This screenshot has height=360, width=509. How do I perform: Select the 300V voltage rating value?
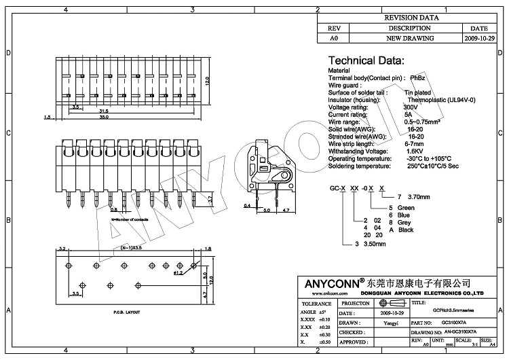click(x=411, y=107)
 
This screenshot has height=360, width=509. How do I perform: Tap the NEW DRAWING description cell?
click(x=409, y=39)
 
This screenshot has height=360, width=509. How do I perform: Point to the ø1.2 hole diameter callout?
click(x=177, y=273)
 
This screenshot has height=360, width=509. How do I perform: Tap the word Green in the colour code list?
click(x=406, y=207)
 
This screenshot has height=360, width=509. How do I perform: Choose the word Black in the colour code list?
click(x=406, y=230)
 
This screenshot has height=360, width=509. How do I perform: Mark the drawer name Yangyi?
click(x=392, y=323)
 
